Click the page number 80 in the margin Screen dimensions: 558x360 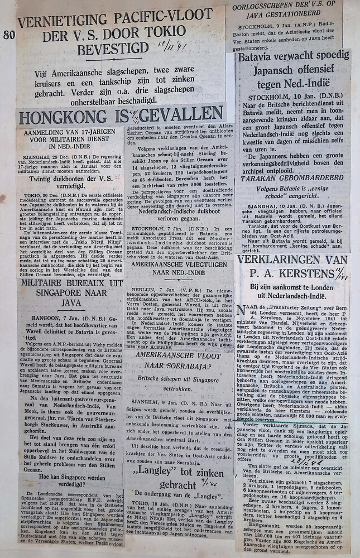click(9, 35)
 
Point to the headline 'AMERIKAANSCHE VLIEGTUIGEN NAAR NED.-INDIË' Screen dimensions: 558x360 click(180, 271)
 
